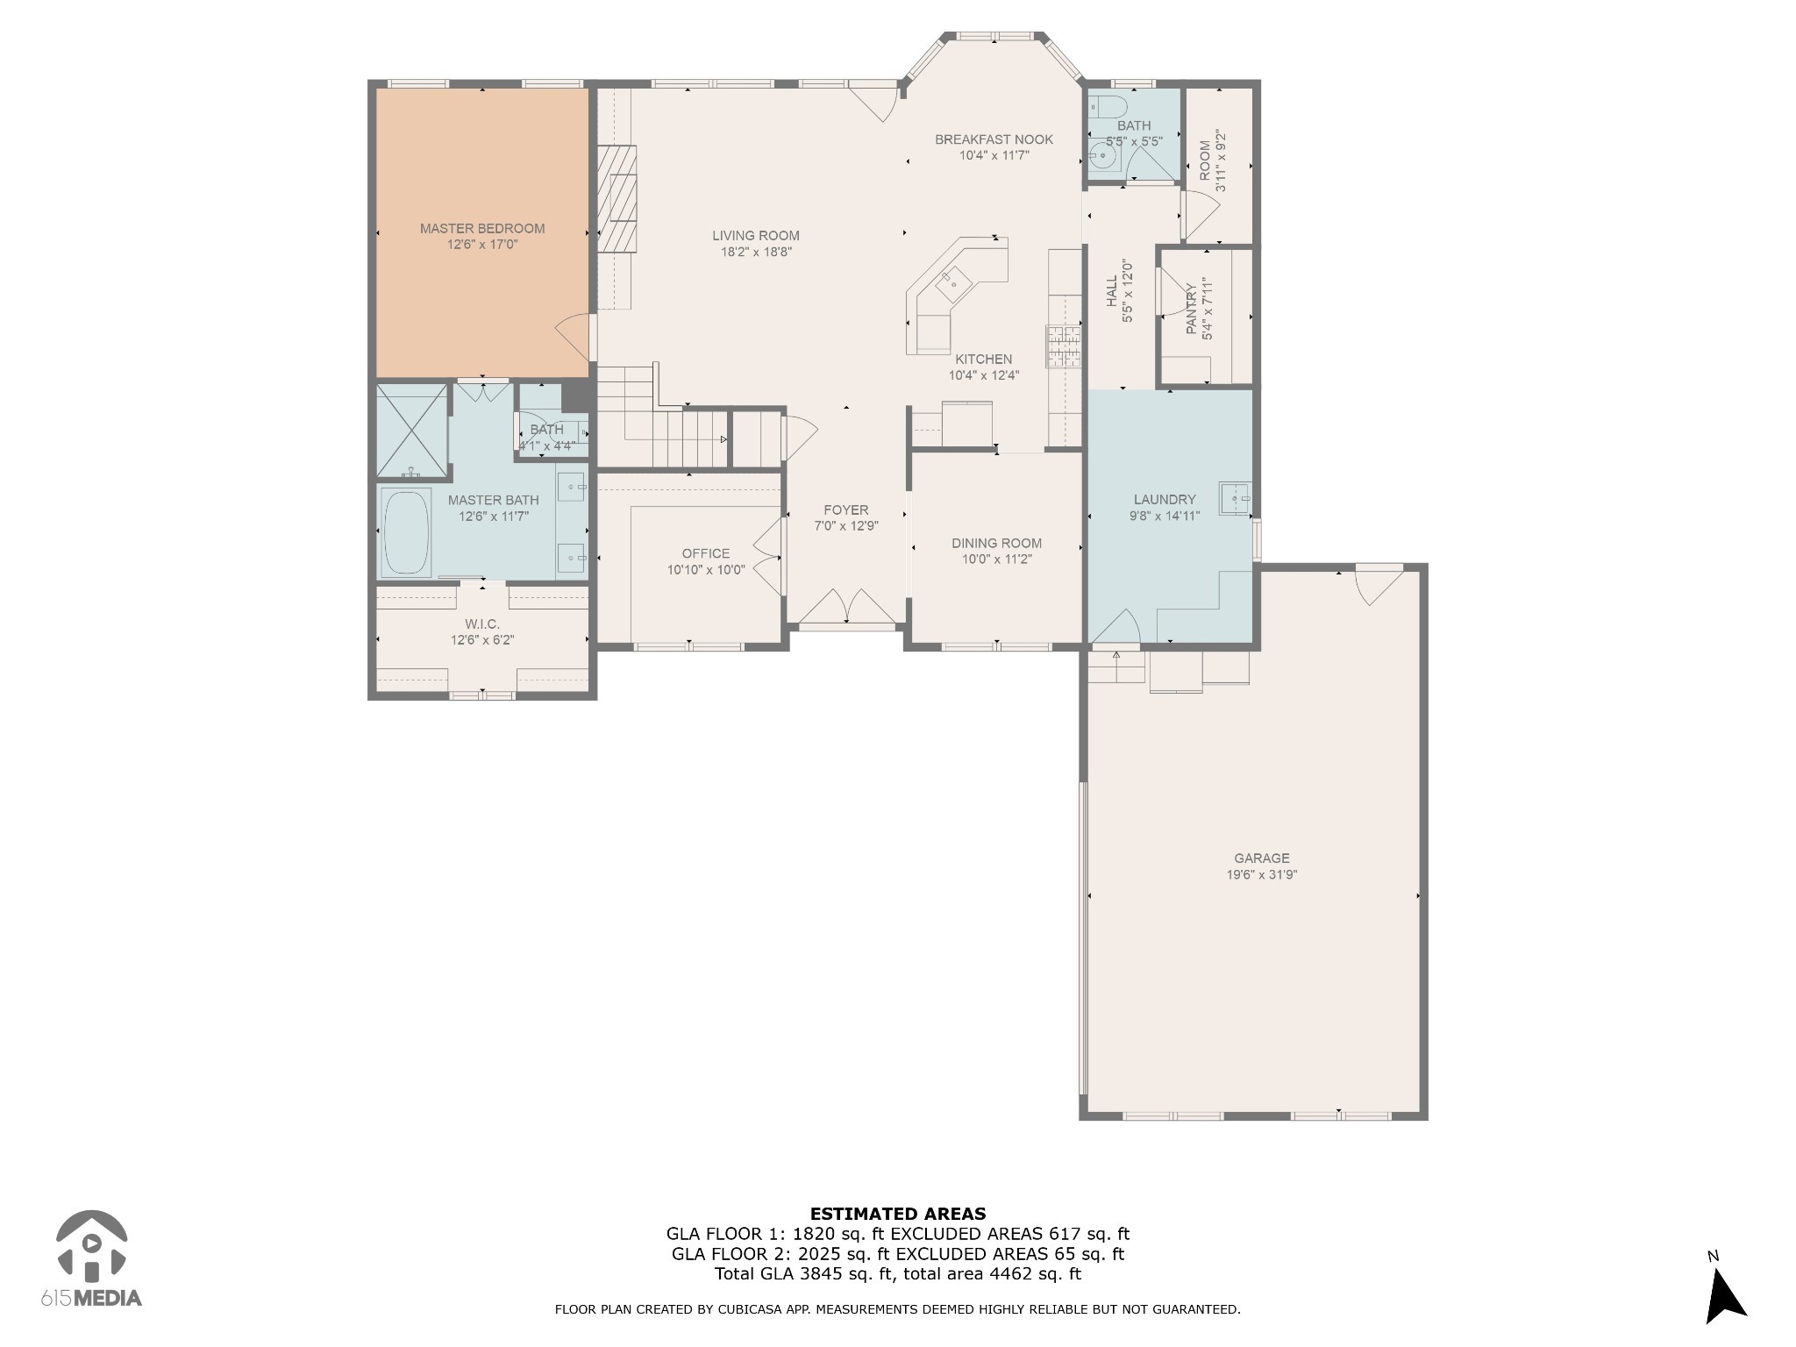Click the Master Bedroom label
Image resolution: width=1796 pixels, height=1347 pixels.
[x=482, y=229]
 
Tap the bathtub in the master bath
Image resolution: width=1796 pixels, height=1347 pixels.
[x=406, y=532]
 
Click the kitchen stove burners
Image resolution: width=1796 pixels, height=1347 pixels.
[x=1063, y=346]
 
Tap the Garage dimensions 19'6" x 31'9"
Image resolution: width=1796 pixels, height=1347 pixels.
[x=1262, y=874]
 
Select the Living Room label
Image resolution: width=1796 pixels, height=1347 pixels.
[x=756, y=236]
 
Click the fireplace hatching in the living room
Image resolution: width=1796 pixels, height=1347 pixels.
[x=617, y=199]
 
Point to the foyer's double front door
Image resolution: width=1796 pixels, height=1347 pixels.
[x=847, y=609]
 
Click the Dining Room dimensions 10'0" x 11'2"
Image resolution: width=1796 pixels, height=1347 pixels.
[x=997, y=559]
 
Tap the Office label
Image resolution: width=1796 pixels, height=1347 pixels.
[x=706, y=553]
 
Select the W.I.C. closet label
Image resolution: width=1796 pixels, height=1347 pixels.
[x=482, y=624]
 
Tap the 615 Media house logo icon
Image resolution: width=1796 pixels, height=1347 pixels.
[x=91, y=1244]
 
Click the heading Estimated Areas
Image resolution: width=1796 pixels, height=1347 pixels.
[x=898, y=1215]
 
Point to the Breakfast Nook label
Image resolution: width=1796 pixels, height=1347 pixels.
[x=994, y=139]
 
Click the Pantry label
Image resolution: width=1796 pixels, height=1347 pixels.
[x=1192, y=309]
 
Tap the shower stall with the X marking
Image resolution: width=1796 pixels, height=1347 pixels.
[x=411, y=431]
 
